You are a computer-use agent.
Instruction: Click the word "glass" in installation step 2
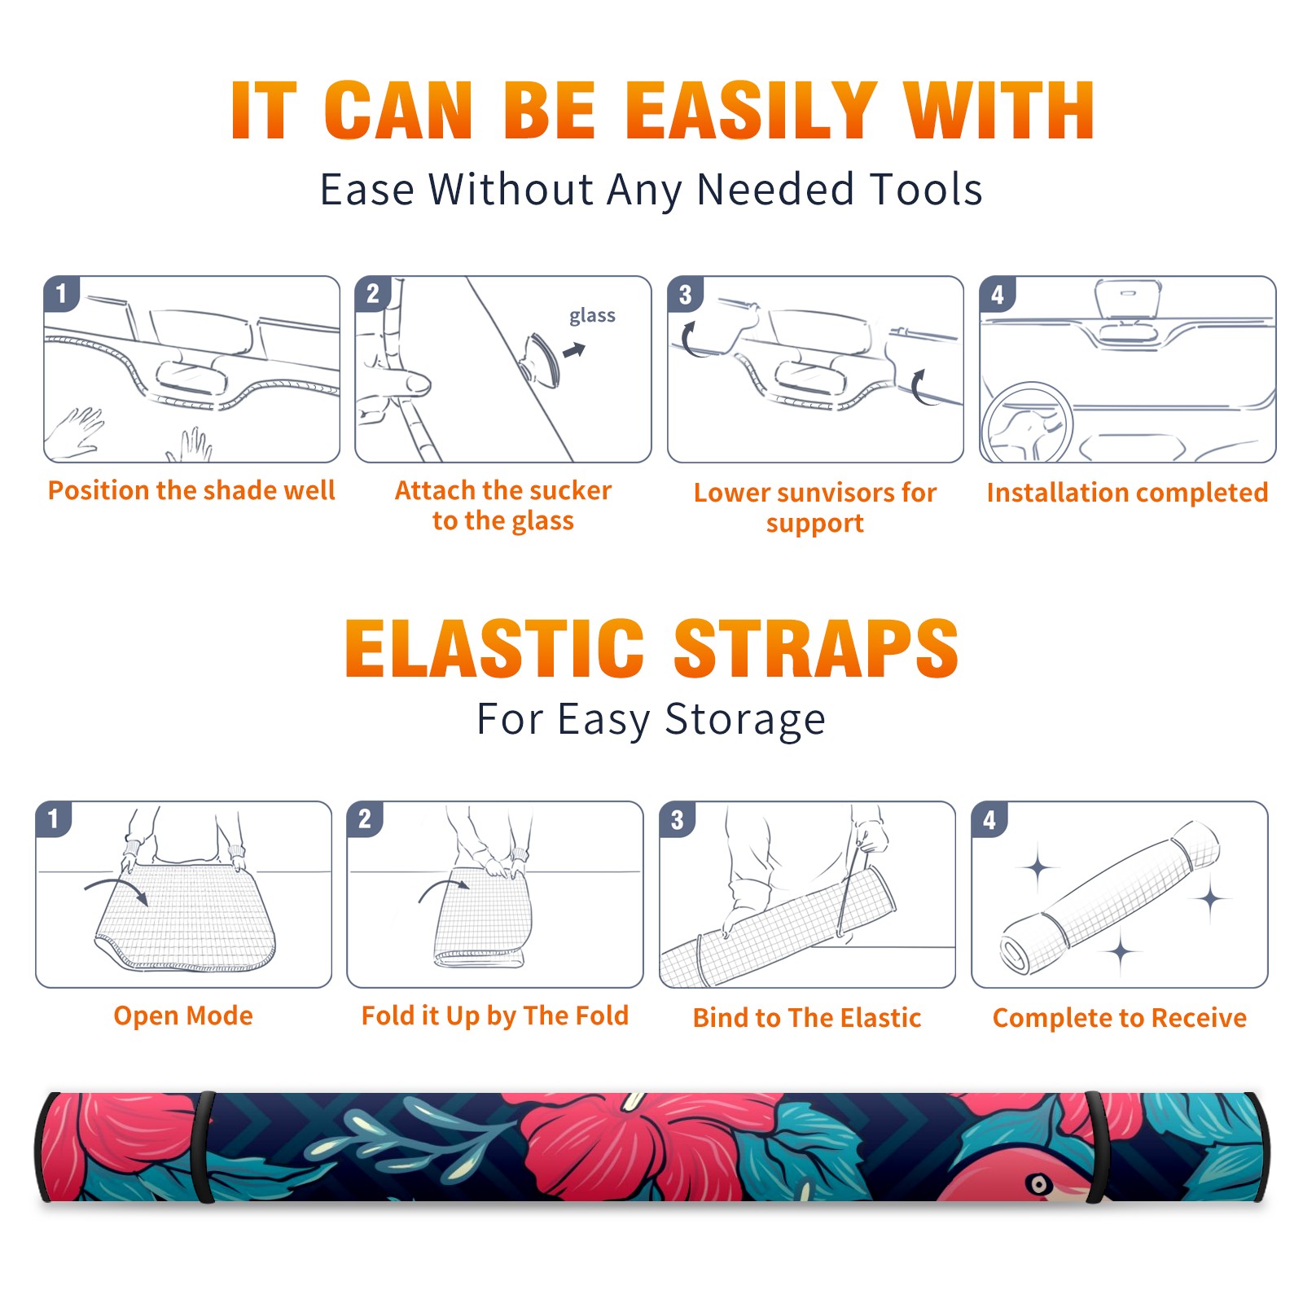click(x=592, y=316)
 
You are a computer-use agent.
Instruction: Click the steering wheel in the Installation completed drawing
click(x=1027, y=423)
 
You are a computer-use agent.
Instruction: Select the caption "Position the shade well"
click(x=191, y=490)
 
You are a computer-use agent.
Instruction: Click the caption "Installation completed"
click(x=1127, y=492)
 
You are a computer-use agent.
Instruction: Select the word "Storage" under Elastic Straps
click(x=745, y=720)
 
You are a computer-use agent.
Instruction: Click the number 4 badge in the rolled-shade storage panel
click(x=989, y=819)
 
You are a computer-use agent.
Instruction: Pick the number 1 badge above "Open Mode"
click(x=54, y=819)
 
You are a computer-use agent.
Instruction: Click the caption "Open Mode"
click(x=183, y=1016)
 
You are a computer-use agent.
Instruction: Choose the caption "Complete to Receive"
click(x=1120, y=1018)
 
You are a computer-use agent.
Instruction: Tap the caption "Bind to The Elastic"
click(x=807, y=1018)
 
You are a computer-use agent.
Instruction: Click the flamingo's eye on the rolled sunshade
click(x=1038, y=1183)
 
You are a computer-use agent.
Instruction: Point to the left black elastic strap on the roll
click(x=204, y=1147)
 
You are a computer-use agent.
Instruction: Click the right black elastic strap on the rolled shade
click(x=1096, y=1147)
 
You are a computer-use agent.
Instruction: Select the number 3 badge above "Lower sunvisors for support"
click(x=685, y=294)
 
